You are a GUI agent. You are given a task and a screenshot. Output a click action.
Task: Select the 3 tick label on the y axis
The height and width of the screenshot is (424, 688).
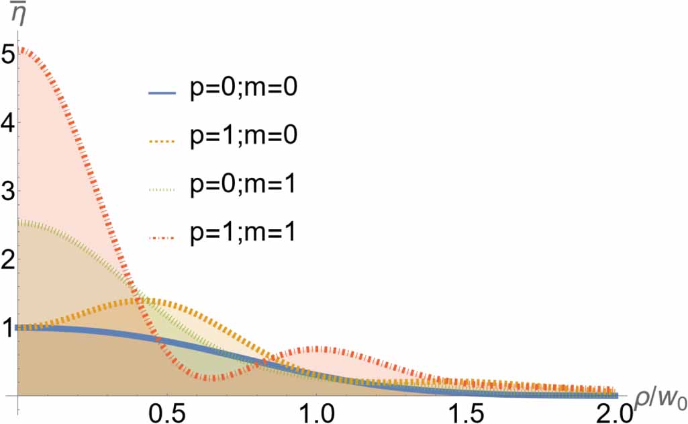coord(8,192)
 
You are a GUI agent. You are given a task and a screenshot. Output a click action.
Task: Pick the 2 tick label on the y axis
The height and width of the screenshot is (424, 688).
coord(8,260)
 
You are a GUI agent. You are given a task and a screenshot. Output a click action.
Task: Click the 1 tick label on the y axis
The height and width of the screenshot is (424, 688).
coord(8,329)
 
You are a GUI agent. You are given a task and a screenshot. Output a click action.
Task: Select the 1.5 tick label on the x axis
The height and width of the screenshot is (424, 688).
coord(468,411)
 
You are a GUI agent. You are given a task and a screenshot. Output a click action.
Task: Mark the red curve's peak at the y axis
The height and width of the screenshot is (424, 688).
coord(21,49)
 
